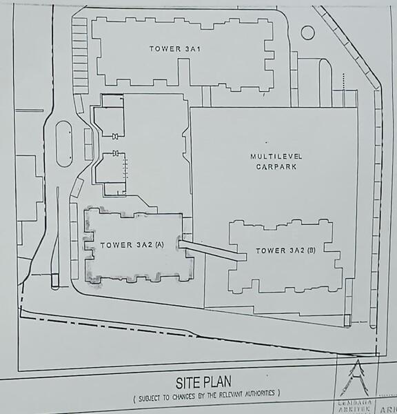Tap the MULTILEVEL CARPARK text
(273, 161)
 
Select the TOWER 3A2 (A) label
(132, 245)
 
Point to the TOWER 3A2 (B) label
(285, 250)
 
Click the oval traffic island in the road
(63, 144)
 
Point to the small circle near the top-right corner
(308, 32)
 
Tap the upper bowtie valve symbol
(116, 135)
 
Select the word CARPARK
(273, 166)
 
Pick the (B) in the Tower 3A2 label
(311, 250)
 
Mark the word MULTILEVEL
(273, 157)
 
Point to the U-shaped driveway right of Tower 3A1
(323, 79)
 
